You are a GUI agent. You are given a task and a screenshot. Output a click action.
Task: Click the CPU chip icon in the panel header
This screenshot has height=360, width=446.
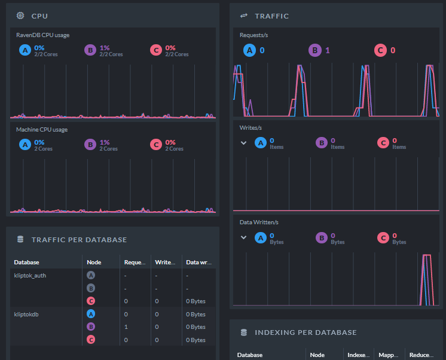click(x=20, y=16)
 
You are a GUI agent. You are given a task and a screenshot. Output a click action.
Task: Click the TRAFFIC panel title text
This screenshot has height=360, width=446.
click(x=271, y=16)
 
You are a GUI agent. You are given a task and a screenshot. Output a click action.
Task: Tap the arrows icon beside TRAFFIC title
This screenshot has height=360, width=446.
click(x=244, y=16)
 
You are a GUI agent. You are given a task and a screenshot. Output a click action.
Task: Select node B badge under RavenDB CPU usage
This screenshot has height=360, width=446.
click(x=90, y=51)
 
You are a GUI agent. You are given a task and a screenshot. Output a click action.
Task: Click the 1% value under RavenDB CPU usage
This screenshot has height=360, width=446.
click(x=105, y=48)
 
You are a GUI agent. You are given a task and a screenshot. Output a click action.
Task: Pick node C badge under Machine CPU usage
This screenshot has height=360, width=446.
click(x=156, y=145)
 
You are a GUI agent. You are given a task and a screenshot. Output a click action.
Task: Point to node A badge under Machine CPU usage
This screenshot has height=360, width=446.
click(x=25, y=145)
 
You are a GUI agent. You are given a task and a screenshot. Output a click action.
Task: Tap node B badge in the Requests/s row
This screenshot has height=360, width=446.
click(x=314, y=51)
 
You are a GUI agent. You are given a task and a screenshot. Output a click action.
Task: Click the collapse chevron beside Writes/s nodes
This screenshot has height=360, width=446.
click(x=244, y=143)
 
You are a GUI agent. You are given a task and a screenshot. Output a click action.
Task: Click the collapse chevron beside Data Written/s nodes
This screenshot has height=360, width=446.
click(x=244, y=237)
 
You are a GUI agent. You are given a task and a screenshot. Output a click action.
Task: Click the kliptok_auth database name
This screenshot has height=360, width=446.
click(x=30, y=276)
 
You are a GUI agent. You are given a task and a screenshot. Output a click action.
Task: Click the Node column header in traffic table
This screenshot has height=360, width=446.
click(x=94, y=262)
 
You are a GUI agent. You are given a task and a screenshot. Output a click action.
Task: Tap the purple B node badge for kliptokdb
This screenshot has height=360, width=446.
click(x=91, y=327)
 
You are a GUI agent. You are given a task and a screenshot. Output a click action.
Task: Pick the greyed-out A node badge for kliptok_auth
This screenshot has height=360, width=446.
click(x=91, y=276)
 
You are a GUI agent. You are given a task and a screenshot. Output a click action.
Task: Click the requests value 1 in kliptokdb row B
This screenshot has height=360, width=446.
click(x=126, y=327)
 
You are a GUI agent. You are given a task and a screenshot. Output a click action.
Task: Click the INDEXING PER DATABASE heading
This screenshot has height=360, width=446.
click(x=306, y=332)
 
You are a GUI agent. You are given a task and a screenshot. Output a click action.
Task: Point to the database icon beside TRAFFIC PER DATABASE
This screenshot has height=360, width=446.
click(x=20, y=240)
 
